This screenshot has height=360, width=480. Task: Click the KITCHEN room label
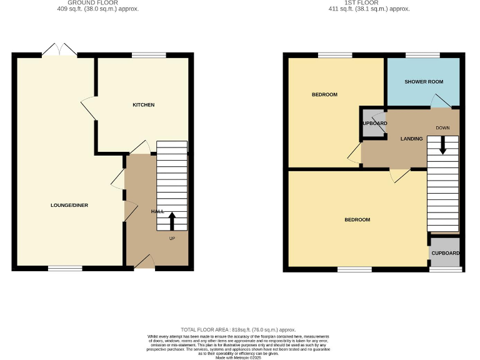coord(143,105)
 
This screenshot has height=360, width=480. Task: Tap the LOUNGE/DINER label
coord(69,206)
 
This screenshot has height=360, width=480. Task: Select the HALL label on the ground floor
coord(157,212)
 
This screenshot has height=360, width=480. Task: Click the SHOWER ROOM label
coord(423,82)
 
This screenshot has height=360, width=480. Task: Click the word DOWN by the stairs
coord(442,128)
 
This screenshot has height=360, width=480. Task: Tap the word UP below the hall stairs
coord(172,238)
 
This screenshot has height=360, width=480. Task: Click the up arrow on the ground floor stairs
coord(172,221)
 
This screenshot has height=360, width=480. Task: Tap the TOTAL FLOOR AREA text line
coord(237,329)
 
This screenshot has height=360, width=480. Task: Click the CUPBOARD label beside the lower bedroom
coord(446,253)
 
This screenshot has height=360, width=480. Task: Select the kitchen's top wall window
coord(145,56)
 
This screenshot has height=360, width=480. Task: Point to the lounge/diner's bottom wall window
coord(65,269)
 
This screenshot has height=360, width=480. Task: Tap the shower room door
coord(441,101)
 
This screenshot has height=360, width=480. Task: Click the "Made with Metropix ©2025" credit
coord(237,357)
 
